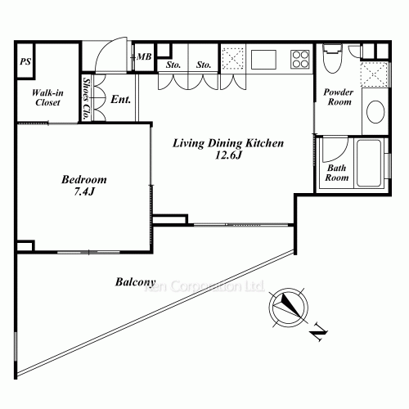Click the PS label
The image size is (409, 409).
point(25,61)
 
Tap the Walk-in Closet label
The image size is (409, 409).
point(47,97)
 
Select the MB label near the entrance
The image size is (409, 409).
point(144,56)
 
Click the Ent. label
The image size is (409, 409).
point(120,99)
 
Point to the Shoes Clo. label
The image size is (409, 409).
point(87,99)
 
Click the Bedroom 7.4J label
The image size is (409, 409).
point(84,186)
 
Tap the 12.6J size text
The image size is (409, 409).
point(228,155)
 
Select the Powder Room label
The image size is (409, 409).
point(339,97)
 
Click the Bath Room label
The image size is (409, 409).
point(337,173)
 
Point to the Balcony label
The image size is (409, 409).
point(135,282)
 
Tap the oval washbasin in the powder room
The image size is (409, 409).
point(375,112)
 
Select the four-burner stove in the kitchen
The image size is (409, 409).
point(300,59)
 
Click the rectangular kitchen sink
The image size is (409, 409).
point(263,60)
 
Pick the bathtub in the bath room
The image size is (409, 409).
point(369,164)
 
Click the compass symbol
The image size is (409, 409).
point(289,308)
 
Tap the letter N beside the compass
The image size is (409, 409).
point(318,331)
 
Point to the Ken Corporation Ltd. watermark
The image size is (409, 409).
point(204,286)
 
